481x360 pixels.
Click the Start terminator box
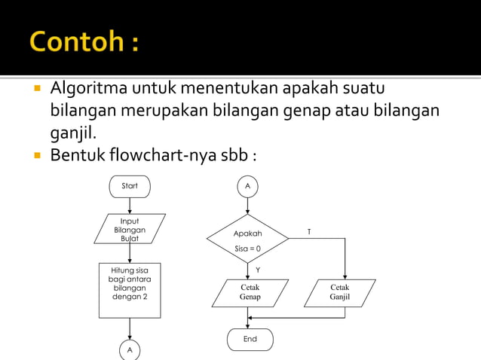[x=130, y=186]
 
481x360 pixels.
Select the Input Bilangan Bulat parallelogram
[x=130, y=229]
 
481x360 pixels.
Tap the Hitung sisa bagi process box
[x=130, y=289]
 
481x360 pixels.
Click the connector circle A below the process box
[x=130, y=350]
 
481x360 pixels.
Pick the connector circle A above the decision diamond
[x=247, y=186]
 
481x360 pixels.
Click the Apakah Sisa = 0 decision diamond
[x=247, y=239]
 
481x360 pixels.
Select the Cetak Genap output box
[x=250, y=293]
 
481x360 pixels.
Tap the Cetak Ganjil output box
[x=340, y=293]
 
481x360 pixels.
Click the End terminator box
[x=250, y=340]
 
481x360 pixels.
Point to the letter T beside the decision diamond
[x=308, y=233]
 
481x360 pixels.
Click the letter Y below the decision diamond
[x=258, y=270]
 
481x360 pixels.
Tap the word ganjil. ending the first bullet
[x=75, y=133]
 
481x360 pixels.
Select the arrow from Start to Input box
[x=130, y=206]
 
